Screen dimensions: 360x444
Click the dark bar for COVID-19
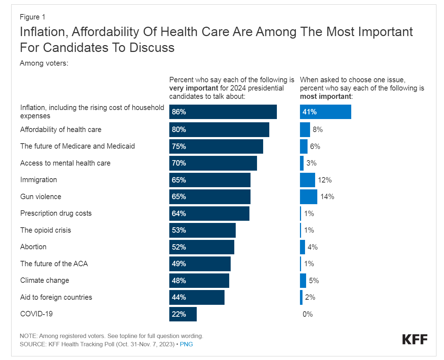[x=183, y=314]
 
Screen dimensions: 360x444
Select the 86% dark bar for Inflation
[x=223, y=112]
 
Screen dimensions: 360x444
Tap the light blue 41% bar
[x=325, y=112]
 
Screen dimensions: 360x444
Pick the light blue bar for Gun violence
[x=309, y=197]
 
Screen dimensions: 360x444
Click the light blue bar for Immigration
[x=307, y=180]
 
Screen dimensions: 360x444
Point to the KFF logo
[x=415, y=339]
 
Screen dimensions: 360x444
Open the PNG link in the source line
[x=186, y=344]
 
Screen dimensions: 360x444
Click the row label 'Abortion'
[x=33, y=247]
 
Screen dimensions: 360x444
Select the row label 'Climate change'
[x=44, y=280]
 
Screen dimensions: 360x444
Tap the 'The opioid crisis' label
[x=45, y=230]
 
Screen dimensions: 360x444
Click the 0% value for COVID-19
[x=308, y=314]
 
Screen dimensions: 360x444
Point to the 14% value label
[x=327, y=197]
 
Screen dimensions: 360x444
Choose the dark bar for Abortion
[x=201, y=247]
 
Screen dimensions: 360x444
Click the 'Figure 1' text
[x=32, y=17]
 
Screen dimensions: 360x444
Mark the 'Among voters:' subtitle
[x=44, y=63]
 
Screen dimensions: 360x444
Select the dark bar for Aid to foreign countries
[x=197, y=297]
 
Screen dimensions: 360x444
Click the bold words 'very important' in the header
[x=193, y=88]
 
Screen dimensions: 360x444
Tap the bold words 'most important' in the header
[x=325, y=96]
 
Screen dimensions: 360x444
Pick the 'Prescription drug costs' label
[x=56, y=213]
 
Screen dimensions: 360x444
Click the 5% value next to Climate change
[x=314, y=281]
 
